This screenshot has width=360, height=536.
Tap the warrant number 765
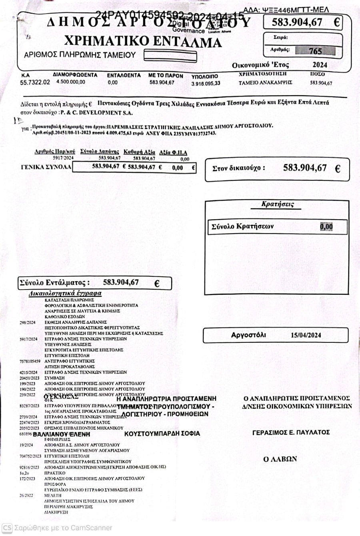315,51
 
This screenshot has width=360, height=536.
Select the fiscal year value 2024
320,65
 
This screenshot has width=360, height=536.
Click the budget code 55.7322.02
35,82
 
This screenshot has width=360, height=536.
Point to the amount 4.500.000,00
71,82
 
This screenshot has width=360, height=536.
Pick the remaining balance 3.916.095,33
206,84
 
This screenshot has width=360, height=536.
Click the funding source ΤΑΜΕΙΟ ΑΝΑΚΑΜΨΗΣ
266,83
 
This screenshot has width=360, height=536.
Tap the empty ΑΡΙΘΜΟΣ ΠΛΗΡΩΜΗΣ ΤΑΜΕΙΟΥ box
170,55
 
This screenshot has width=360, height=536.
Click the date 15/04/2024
306,335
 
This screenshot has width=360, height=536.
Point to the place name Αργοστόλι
248,335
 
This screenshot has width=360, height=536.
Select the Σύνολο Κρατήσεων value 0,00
326,227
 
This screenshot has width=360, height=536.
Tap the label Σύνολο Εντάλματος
54,283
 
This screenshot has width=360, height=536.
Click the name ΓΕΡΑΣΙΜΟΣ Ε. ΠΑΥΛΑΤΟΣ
291,432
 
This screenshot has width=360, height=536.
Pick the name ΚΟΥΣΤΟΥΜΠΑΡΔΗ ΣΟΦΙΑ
162,434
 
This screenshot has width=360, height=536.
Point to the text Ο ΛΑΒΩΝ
280,459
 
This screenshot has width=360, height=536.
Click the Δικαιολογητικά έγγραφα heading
65,293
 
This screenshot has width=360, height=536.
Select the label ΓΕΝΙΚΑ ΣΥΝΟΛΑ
46,167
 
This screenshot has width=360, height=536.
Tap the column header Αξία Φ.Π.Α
173,152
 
